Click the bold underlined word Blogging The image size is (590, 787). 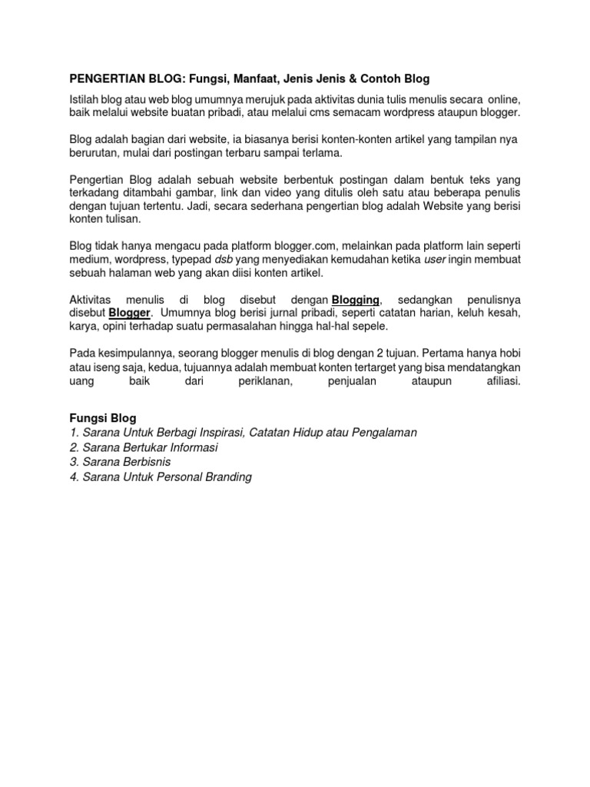tap(355, 299)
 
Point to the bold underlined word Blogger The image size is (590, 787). tap(130, 314)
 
